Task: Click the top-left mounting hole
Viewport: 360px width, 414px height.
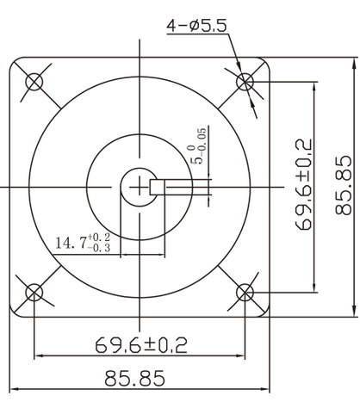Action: point(34,82)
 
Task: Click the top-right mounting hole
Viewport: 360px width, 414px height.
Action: point(245,82)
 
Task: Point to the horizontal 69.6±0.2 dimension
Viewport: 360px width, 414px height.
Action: point(141,346)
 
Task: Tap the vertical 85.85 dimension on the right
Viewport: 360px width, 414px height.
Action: point(344,184)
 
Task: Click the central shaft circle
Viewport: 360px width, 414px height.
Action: point(136,185)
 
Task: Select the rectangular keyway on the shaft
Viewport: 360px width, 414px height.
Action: point(158,186)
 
